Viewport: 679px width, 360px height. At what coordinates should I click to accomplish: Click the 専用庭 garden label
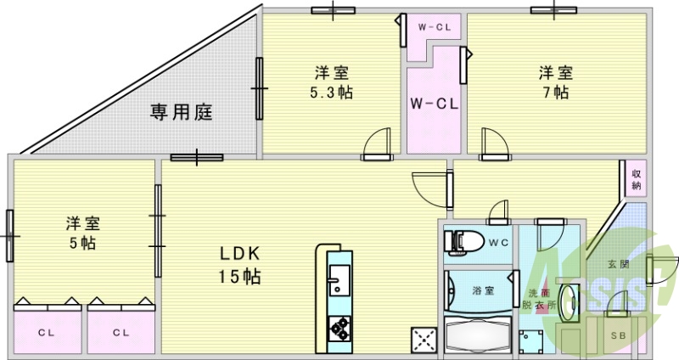coord(181,111)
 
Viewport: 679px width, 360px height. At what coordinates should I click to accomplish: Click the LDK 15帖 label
coord(241,265)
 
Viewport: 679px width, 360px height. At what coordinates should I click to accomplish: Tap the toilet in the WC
coord(463,241)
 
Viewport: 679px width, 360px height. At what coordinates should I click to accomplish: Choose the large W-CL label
coord(435,104)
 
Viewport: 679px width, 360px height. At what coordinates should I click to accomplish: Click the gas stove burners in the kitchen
coord(339,326)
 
